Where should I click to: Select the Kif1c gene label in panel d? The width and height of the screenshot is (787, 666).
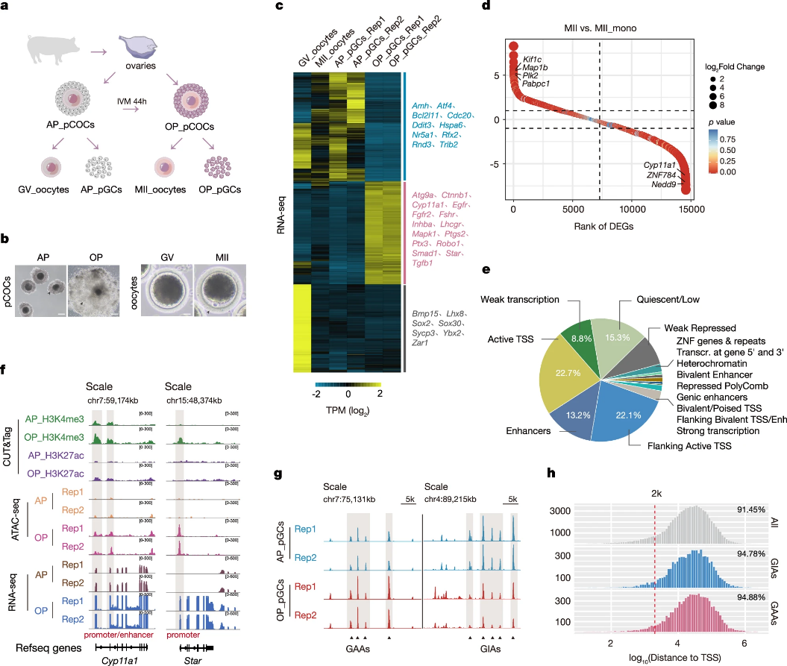click(x=533, y=57)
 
